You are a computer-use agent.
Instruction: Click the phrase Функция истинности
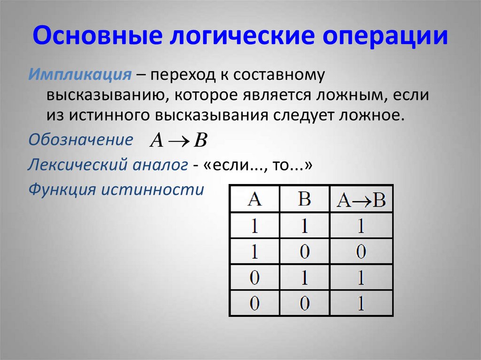(116, 190)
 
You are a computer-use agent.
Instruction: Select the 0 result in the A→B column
(361, 252)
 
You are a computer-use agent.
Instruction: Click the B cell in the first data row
(304, 226)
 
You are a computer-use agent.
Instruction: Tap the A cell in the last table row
(254, 304)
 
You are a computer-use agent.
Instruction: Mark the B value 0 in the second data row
(304, 252)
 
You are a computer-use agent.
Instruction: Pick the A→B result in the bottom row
(361, 304)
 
